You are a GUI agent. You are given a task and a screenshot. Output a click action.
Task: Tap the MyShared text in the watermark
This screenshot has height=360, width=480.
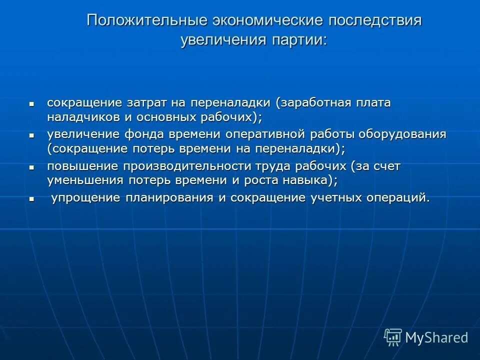pos(436,337)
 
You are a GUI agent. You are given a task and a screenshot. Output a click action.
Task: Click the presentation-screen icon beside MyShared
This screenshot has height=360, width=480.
pos(393,337)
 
